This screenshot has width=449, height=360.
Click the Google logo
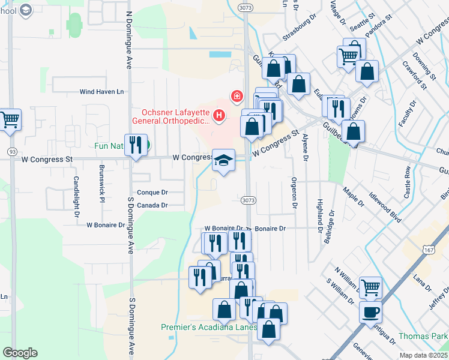[x=20, y=353]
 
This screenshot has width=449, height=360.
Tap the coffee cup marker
[x=370, y=313]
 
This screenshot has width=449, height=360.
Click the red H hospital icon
[x=219, y=115]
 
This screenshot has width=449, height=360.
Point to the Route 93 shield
[x=11, y=150]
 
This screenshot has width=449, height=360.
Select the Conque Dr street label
[x=151, y=193]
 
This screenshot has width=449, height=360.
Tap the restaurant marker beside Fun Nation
[x=136, y=145]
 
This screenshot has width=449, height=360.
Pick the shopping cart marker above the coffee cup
[x=370, y=288]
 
